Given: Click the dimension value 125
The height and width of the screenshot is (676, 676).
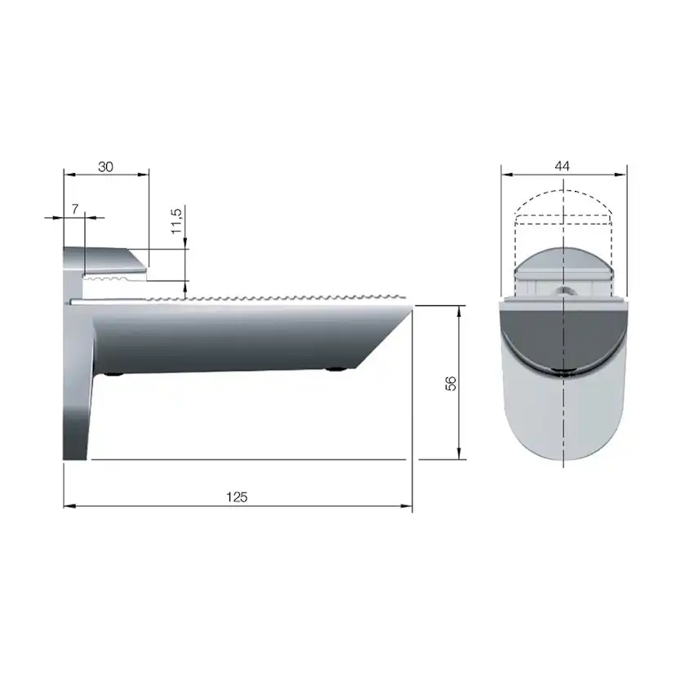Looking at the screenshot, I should point(237,496).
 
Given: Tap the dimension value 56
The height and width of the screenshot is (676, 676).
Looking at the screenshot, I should point(450,384).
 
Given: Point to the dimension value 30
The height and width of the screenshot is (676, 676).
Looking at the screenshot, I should point(105,166).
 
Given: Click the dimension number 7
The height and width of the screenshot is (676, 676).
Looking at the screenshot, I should point(74,209).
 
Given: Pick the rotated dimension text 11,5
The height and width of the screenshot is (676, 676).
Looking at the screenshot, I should point(177,220).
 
